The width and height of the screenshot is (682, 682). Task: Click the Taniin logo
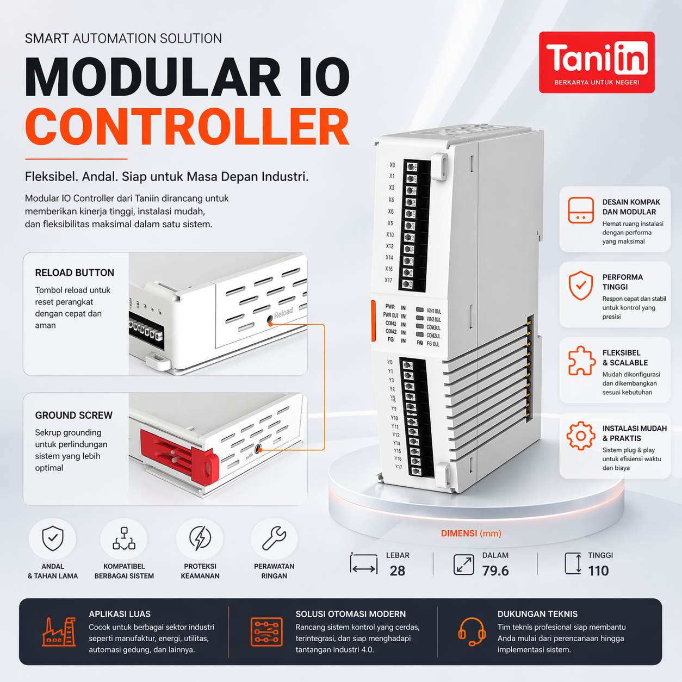pos(597,62)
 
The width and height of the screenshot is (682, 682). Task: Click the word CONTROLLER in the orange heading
pos(187,127)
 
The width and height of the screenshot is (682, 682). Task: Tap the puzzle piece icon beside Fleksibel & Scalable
pos(581,361)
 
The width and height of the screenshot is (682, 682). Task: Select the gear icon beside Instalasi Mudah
pos(581,436)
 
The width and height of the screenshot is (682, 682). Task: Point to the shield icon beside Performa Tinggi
pos(581,286)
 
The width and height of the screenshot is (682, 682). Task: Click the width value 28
pos(398,571)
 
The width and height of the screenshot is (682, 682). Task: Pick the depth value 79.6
pos(495,571)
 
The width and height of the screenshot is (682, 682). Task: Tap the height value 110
pos(598,571)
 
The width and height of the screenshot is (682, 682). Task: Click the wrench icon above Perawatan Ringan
pos(274,538)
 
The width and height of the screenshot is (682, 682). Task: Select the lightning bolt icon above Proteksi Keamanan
pos(200,538)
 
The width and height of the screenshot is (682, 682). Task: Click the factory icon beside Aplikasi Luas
pos(59,631)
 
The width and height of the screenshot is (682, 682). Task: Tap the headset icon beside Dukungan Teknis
pos(472,631)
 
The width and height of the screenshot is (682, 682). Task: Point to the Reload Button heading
pos(75,273)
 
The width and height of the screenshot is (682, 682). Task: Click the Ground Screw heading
pos(74,416)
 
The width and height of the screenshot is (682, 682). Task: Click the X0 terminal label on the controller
pos(392,165)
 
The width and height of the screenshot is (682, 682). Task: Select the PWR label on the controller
pos(390,307)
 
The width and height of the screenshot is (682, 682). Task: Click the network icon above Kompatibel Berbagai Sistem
pos(124,538)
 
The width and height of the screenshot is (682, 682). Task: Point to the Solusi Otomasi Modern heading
pos(350,614)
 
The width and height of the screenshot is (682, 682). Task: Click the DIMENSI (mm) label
pos(471,534)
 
